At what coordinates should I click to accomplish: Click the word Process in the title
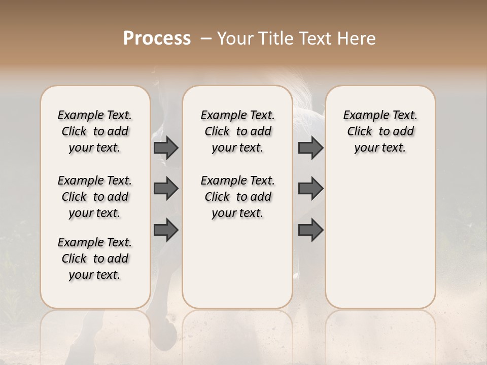click(157, 39)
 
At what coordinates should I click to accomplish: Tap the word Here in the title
click(357, 39)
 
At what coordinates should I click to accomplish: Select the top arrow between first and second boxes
click(166, 148)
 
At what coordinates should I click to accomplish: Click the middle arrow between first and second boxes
click(166, 189)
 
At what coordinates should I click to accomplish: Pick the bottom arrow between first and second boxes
click(166, 230)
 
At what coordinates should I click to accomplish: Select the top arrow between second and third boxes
click(310, 148)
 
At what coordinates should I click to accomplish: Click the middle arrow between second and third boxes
click(310, 189)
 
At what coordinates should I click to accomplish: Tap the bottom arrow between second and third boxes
click(310, 230)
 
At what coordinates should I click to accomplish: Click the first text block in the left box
click(95, 131)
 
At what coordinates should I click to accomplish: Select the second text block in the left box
click(95, 197)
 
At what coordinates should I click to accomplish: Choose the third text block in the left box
click(95, 259)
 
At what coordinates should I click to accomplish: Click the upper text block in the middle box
click(237, 131)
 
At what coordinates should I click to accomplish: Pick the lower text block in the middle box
click(237, 197)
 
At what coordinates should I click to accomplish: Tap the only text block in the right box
click(380, 131)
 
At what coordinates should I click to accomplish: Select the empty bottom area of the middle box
click(237, 264)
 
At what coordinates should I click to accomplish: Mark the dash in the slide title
click(206, 39)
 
